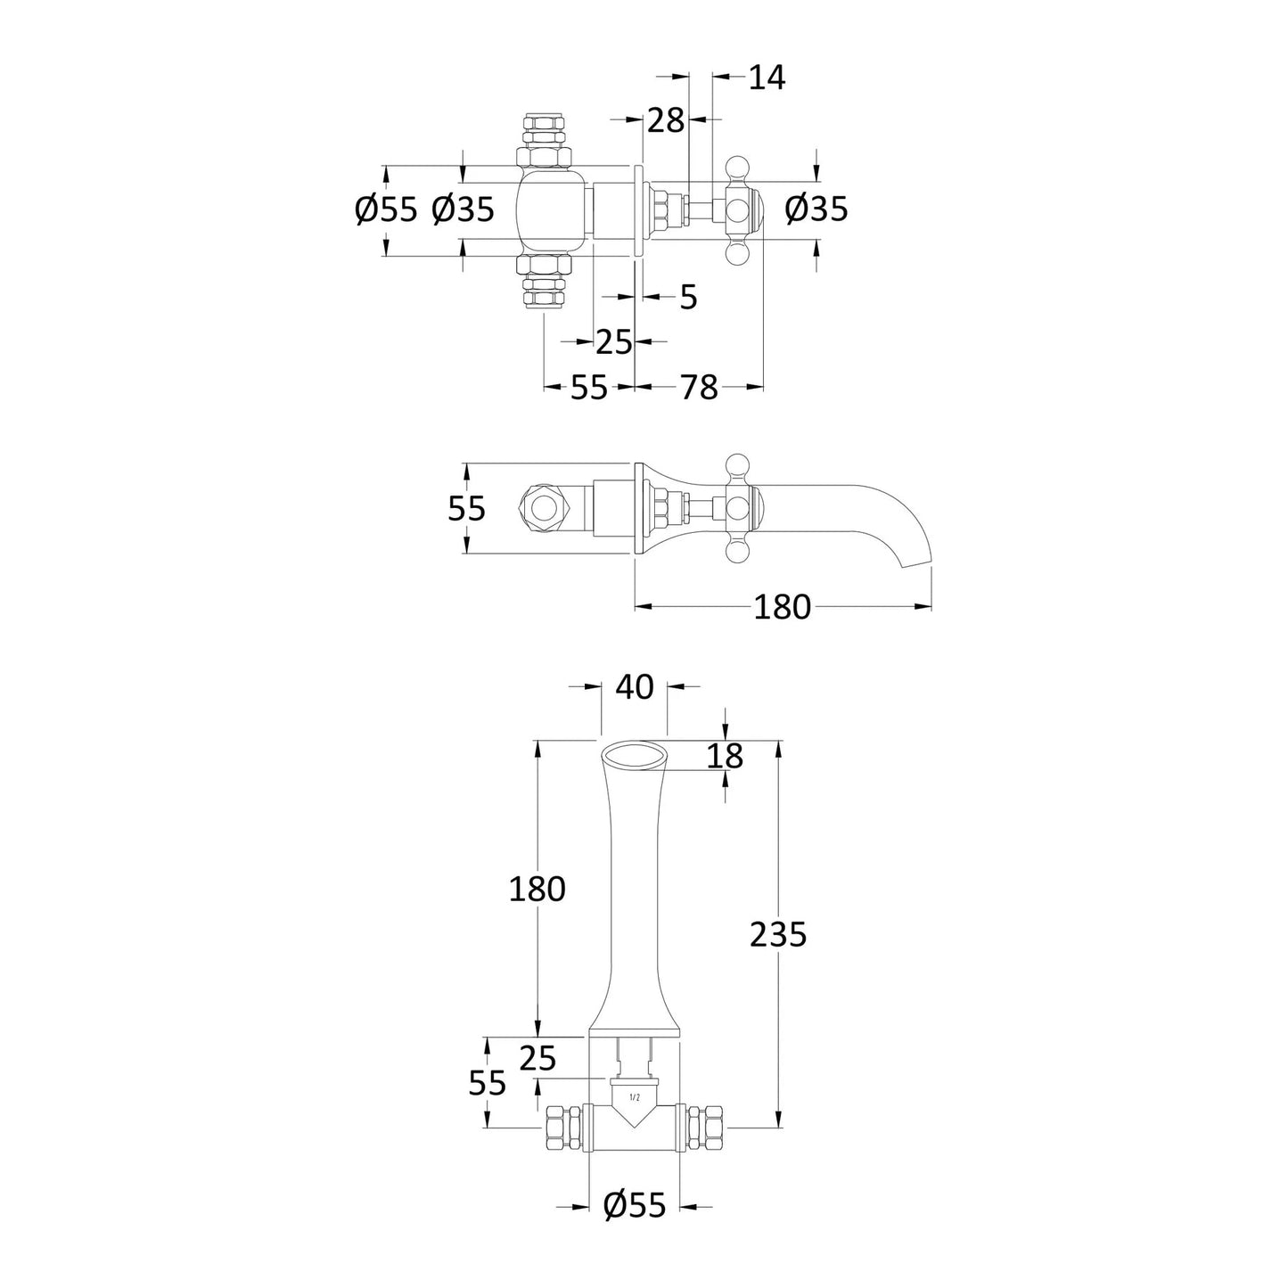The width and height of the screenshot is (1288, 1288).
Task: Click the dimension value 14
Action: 767,78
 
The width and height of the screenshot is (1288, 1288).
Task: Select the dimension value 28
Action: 666,121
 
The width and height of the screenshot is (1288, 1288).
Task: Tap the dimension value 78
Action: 699,387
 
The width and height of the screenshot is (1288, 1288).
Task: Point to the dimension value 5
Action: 688,297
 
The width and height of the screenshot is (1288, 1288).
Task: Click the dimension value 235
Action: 778,934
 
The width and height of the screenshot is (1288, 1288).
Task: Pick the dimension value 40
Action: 635,687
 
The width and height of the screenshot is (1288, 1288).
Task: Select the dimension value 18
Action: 726,756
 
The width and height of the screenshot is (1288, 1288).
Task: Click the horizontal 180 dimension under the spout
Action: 782,607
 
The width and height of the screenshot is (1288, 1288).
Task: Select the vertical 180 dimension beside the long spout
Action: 537,889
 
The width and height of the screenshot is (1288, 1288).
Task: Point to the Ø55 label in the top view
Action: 386,209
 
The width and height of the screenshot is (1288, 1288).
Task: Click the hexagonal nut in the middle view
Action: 542,510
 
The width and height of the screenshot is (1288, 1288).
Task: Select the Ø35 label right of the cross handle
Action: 816,209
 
